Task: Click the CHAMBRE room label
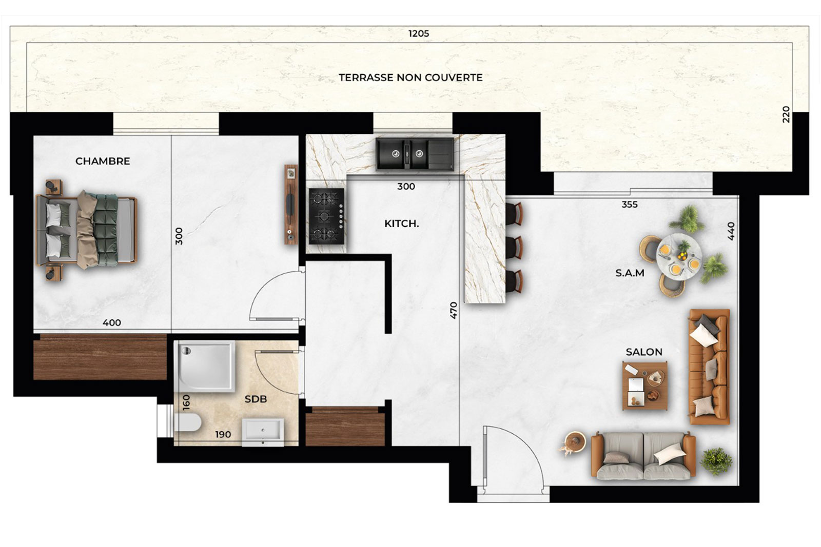point(103,161)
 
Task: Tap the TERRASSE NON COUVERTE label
point(411,77)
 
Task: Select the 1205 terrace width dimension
point(419,34)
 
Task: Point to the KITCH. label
point(401,224)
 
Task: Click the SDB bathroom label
point(256,399)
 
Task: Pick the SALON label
point(644,352)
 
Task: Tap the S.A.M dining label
point(630,273)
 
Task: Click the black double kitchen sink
point(415,154)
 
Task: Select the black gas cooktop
point(326,216)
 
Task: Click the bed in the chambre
point(87,230)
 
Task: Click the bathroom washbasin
point(263,432)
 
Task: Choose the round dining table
point(679,257)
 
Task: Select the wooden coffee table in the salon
point(644,386)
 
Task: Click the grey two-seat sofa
point(643,456)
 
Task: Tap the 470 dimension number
point(454,310)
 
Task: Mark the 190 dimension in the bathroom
point(223,435)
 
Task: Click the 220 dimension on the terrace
point(786,115)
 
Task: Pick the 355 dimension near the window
point(629,205)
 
